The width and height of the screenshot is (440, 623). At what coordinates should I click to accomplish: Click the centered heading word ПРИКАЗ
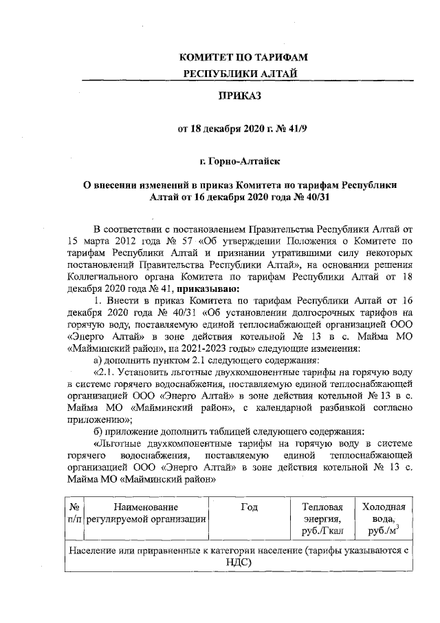point(240,96)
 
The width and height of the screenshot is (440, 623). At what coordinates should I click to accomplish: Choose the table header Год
point(250,507)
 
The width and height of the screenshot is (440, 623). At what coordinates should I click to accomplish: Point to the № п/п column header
point(75,513)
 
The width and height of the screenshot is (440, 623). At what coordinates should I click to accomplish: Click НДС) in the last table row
point(239,562)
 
